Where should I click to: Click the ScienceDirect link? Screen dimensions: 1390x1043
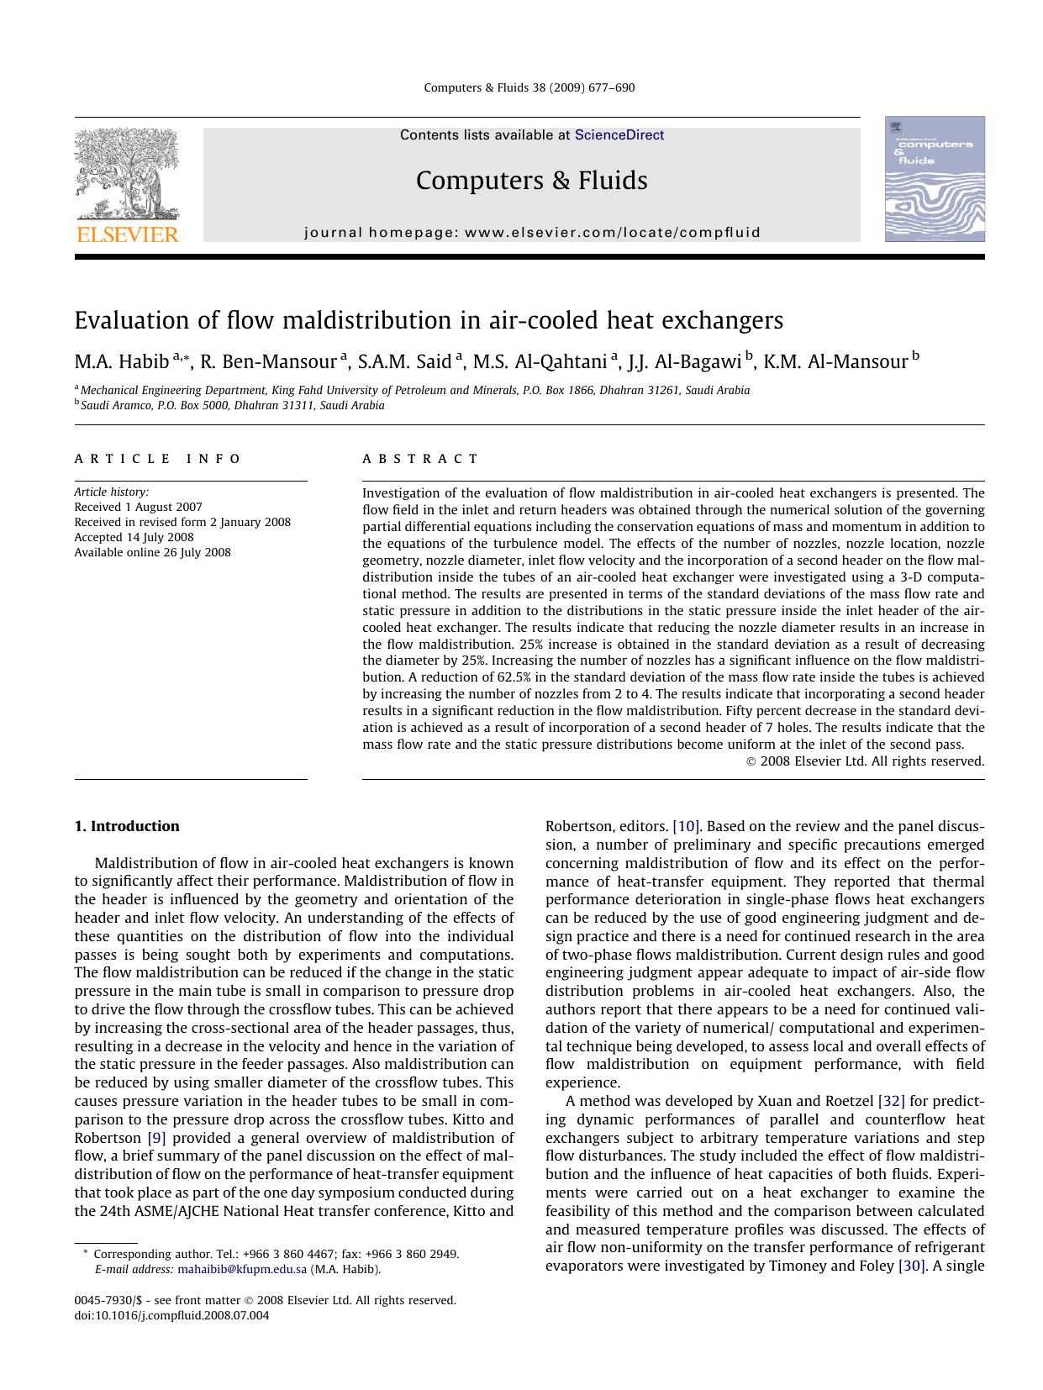pyautogui.click(x=619, y=135)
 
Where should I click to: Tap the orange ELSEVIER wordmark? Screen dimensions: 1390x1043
pyautogui.click(x=127, y=234)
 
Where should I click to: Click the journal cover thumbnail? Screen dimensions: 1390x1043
pyautogui.click(x=934, y=179)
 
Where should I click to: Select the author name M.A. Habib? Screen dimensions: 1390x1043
pyautogui.click(x=121, y=362)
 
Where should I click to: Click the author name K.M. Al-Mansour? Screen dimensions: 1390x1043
pyautogui.click(x=835, y=362)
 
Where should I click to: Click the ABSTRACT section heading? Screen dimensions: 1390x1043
pyautogui.click(x=420, y=459)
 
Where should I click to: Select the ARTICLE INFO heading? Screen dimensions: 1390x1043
pyautogui.click(x=157, y=459)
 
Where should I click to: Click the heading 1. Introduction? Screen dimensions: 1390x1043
pyautogui.click(x=127, y=826)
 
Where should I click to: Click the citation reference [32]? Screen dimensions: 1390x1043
pyautogui.click(x=891, y=1101)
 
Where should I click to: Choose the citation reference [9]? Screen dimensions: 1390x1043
pyautogui.click(x=156, y=1138)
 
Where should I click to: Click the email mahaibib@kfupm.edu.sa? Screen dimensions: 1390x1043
pyautogui.click(x=242, y=1269)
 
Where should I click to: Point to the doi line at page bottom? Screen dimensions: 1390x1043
pyautogui.click(x=172, y=1315)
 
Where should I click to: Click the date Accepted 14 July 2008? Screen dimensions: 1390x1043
pyautogui.click(x=134, y=537)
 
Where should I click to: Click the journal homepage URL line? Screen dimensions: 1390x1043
pyautogui.click(x=532, y=233)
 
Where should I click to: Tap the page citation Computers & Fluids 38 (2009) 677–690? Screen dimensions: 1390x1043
pyautogui.click(x=529, y=87)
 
